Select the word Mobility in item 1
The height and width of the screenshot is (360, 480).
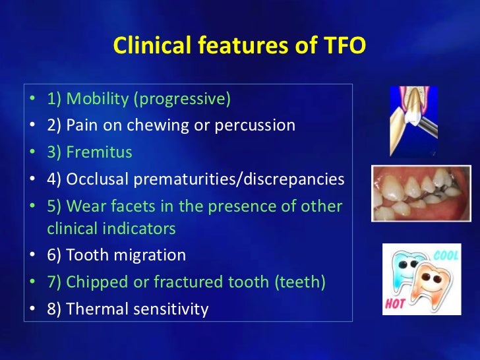(x=98, y=99)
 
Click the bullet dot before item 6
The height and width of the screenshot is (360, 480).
(x=33, y=255)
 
